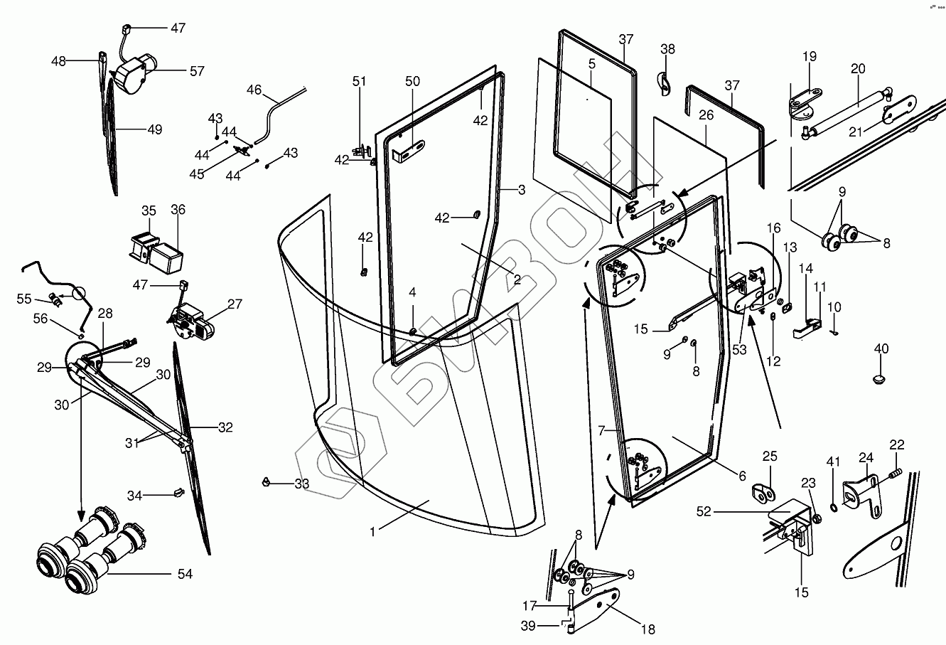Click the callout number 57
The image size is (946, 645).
click(196, 71)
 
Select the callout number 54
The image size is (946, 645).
click(184, 574)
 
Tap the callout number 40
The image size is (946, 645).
click(881, 348)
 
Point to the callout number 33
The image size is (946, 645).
click(301, 484)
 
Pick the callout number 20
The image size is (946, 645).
click(858, 69)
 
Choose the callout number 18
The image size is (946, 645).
click(647, 629)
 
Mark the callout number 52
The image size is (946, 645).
click(704, 511)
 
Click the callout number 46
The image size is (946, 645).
click(254, 90)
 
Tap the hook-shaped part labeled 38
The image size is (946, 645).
click(664, 82)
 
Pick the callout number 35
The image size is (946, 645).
click(149, 210)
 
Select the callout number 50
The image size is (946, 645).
click(413, 81)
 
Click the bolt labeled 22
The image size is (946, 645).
click(896, 471)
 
